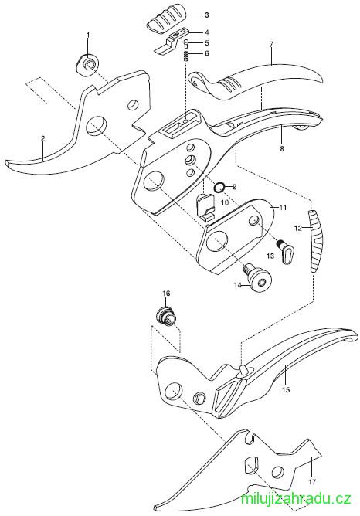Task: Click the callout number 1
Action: click(x=88, y=35)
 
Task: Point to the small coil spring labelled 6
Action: click(x=187, y=56)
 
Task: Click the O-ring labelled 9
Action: click(x=219, y=188)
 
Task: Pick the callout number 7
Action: click(x=271, y=45)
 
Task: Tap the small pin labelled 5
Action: click(x=187, y=43)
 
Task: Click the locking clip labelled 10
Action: click(x=205, y=207)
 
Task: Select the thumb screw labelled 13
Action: click(x=286, y=253)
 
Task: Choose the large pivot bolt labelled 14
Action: click(x=258, y=280)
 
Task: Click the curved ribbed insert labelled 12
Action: click(x=315, y=241)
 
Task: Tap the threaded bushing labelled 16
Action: click(x=166, y=316)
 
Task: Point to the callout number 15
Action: click(x=286, y=390)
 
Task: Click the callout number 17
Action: click(x=312, y=482)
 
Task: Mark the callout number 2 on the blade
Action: click(x=42, y=138)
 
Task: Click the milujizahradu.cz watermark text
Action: click(x=296, y=498)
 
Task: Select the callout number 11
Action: click(x=283, y=208)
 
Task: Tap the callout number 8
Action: click(x=282, y=149)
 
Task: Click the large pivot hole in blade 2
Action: click(x=96, y=125)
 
